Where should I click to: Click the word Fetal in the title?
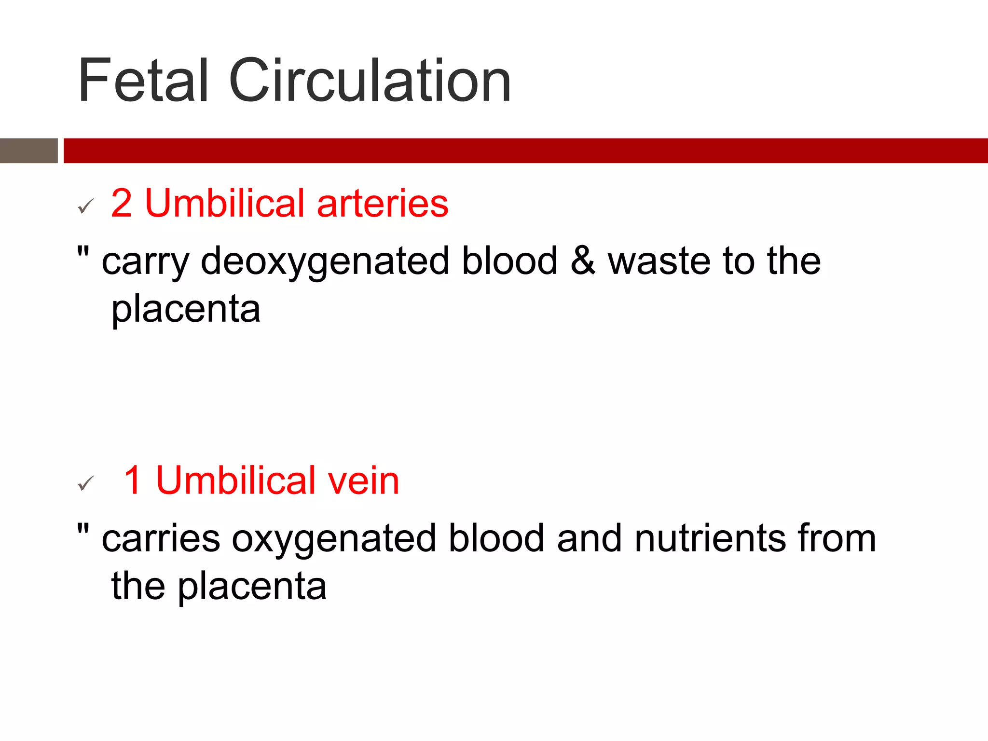[143, 81]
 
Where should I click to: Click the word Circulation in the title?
[370, 81]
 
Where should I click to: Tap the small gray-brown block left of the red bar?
[28, 151]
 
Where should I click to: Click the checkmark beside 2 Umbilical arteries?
[85, 206]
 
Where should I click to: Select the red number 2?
[121, 203]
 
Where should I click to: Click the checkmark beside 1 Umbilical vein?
[85, 483]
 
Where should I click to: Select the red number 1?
[133, 480]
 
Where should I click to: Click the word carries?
[161, 539]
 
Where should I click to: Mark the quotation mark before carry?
[83, 251]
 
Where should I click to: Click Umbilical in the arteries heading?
[225, 203]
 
